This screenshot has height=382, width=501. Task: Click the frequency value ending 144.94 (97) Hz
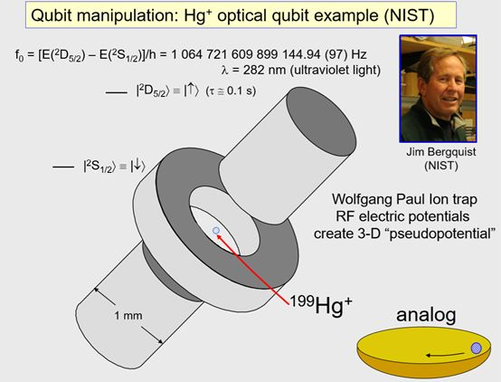click(269, 54)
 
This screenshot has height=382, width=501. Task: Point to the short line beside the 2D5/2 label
click(117, 92)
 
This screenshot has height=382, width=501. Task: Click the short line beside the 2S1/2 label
click(63, 167)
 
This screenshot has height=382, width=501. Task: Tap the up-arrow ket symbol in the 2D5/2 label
click(192, 91)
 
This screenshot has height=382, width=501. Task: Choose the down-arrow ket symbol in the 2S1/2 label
click(137, 166)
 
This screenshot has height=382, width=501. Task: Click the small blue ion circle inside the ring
click(216, 230)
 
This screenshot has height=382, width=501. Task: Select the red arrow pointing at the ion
click(252, 269)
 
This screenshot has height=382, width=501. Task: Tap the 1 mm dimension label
click(128, 316)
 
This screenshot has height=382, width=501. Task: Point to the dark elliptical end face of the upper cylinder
click(321, 124)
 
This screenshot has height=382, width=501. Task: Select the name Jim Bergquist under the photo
click(441, 152)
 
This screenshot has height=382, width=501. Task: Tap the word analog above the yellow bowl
click(426, 315)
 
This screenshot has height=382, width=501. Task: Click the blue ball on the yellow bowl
click(476, 348)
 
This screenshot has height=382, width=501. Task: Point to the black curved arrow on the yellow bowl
click(446, 355)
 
